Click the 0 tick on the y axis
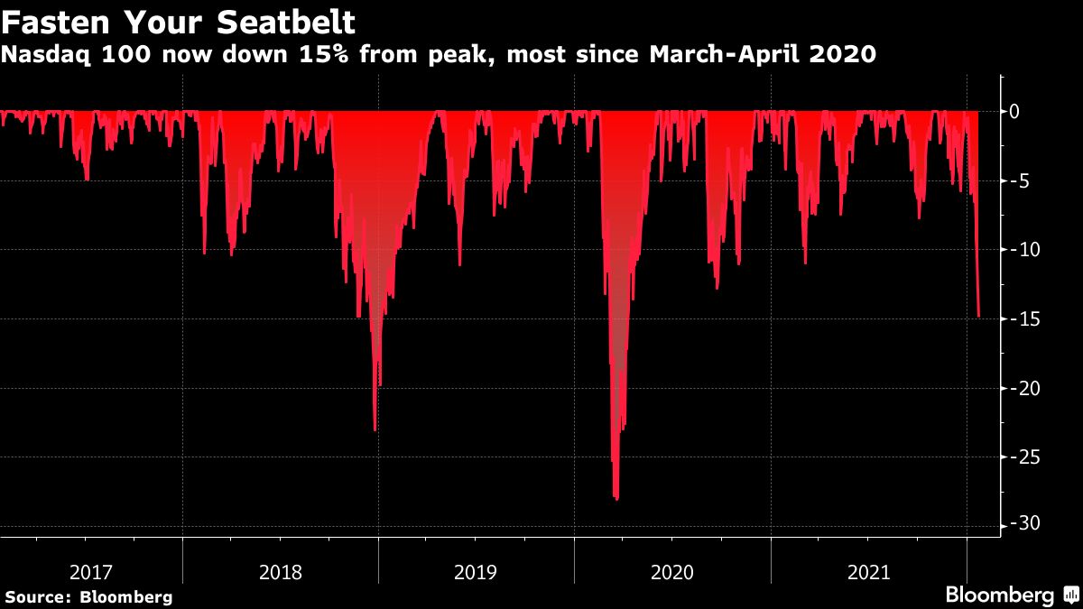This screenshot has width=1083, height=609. coord(1015,111)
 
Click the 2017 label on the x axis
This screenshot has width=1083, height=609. coord(91,572)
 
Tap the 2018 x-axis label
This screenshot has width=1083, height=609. coord(281,572)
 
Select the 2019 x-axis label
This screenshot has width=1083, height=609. coord(476,572)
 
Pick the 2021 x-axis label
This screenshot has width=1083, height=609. coord(868,572)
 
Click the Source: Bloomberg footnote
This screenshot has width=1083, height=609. coord(88,596)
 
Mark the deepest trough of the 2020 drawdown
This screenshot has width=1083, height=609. coord(616,498)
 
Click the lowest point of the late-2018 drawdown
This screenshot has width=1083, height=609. coord(375,429)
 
